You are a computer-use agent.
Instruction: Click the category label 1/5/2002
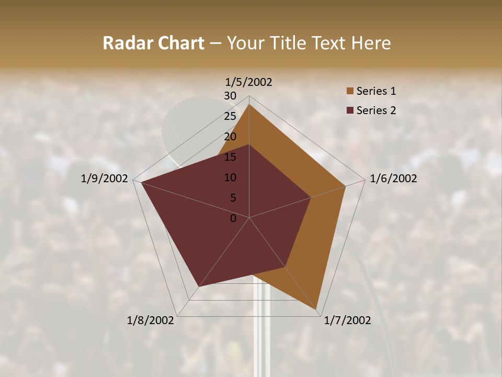tap(248, 82)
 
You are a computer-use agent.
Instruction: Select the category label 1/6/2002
tap(393, 179)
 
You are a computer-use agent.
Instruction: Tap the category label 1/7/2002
tap(347, 320)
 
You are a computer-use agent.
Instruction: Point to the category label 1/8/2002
tap(151, 320)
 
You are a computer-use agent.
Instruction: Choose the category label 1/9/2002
tap(105, 179)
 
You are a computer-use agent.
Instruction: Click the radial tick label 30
tap(230, 96)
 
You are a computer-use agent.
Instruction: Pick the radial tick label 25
tap(230, 116)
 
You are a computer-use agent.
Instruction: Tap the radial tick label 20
tap(230, 137)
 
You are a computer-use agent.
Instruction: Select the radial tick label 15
tap(230, 157)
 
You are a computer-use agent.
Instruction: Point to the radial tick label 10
tap(230, 178)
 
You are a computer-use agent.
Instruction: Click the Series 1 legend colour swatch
tap(350, 92)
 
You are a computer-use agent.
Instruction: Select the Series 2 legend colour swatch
tap(350, 110)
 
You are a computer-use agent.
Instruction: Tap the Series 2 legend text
tap(376, 110)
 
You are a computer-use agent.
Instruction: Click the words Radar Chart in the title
tap(153, 43)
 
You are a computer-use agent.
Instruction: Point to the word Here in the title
tap(371, 43)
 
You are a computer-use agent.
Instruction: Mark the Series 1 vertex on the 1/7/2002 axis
tap(316, 311)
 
